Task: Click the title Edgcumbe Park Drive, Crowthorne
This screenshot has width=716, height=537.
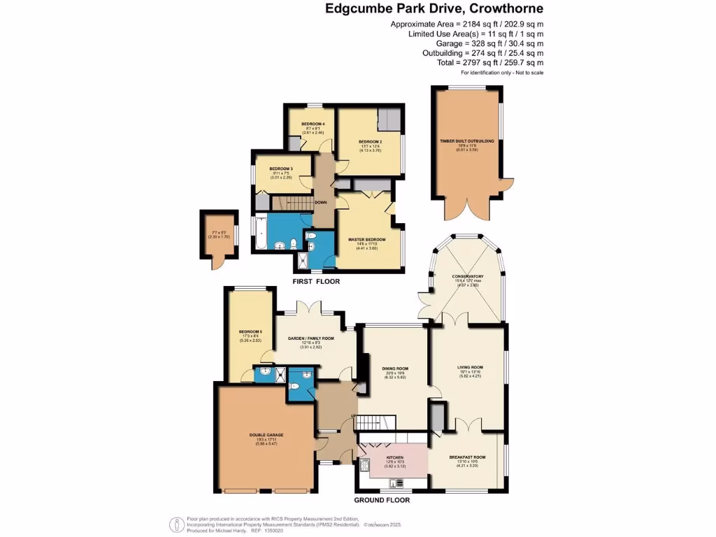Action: pyautogui.click(x=434, y=9)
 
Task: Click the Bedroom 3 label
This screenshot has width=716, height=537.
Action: pyautogui.click(x=280, y=169)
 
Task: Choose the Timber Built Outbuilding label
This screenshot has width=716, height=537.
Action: pyautogui.click(x=466, y=141)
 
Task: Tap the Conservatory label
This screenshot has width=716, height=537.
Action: pyautogui.click(x=467, y=277)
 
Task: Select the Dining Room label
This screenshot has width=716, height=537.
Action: pyautogui.click(x=396, y=368)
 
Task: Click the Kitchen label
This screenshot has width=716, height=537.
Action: pyautogui.click(x=395, y=457)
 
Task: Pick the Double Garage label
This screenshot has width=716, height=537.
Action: pyautogui.click(x=266, y=435)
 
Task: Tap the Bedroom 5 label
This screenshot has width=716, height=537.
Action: pyautogui.click(x=250, y=331)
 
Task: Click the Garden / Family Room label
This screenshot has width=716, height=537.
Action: pyautogui.click(x=311, y=338)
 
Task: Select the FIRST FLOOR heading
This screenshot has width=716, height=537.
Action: pyautogui.click(x=316, y=282)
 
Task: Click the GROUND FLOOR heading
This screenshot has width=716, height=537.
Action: pyautogui.click(x=382, y=500)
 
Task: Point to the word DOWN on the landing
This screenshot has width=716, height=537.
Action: pyautogui.click(x=321, y=203)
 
